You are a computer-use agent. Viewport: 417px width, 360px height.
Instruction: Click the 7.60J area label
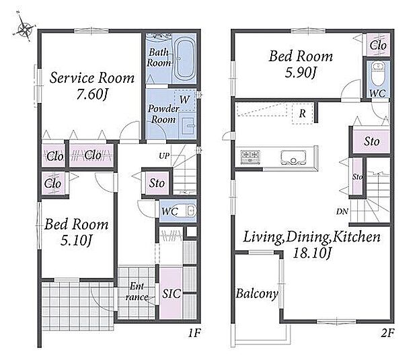[92, 94]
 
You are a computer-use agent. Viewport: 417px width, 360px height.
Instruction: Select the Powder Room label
[163, 114]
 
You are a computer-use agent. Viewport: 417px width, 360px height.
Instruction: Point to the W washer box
[184, 100]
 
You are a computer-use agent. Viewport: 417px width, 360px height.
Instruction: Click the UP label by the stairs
[164, 156]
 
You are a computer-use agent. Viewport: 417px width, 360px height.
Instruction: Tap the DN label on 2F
[342, 211]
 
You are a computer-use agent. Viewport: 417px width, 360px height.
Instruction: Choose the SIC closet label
[172, 293]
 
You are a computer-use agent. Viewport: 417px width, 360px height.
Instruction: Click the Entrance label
[137, 291]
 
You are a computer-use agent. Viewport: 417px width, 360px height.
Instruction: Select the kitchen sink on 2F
[293, 157]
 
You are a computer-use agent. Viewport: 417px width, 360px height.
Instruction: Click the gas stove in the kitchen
[250, 156]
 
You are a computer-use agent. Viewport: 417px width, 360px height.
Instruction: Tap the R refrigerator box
[303, 114]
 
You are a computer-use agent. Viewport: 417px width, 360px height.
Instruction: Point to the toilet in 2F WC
[377, 73]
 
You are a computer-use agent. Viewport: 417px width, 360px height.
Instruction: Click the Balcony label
[257, 294]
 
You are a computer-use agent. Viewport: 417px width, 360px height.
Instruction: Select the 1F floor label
[194, 333]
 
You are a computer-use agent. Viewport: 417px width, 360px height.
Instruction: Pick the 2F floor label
[387, 333]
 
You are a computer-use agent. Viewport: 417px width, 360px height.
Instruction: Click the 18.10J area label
[311, 253]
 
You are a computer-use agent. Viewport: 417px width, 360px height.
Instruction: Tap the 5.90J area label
[301, 72]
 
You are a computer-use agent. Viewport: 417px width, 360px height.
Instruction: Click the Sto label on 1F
[157, 183]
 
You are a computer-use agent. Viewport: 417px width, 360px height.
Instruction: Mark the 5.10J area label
[76, 240]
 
